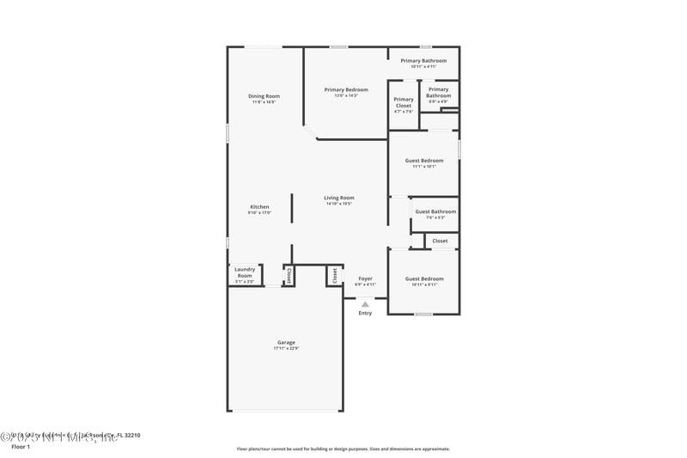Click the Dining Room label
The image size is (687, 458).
[264, 96]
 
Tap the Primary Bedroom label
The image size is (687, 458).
[345, 90]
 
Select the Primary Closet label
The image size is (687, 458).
[404, 102]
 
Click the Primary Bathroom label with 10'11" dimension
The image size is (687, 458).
[423, 61]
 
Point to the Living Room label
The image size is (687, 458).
[339, 198]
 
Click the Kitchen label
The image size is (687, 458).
[259, 207]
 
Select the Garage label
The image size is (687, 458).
[286, 342]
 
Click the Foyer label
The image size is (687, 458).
[365, 278]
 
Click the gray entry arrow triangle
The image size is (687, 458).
[365, 303]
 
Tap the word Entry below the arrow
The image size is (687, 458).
[365, 313]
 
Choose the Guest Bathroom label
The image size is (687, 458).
[435, 211]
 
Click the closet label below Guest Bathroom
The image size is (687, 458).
[440, 241]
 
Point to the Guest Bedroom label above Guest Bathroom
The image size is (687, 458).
[424, 161]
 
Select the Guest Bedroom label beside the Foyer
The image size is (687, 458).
[424, 278]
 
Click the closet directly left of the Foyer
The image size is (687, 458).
[335, 275]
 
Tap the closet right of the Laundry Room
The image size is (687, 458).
[289, 275]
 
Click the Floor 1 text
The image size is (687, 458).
[21, 447]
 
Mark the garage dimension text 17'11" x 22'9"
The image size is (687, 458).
[286, 348]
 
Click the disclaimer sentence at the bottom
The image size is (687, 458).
[343, 449]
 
